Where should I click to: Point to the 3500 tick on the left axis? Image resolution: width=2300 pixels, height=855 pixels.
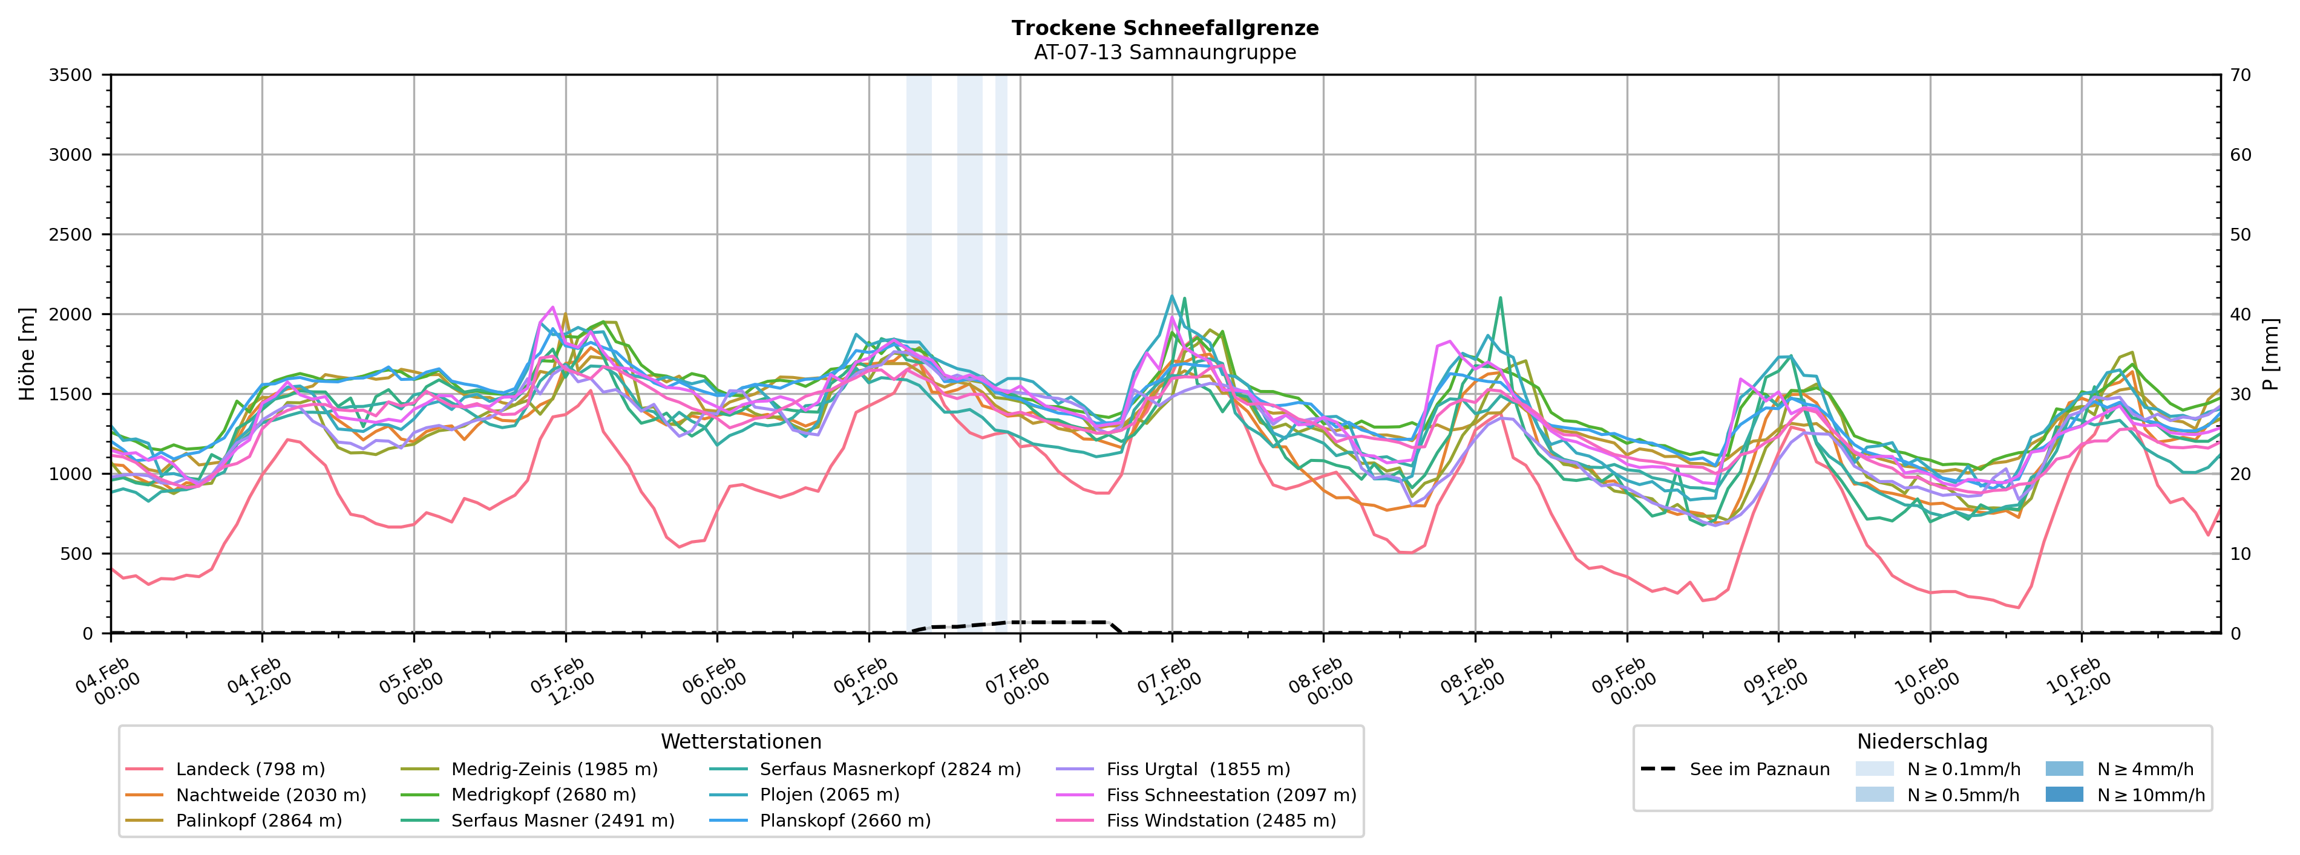pyautogui.click(x=71, y=75)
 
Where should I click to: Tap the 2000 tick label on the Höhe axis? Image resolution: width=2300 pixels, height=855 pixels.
pyautogui.click(x=71, y=314)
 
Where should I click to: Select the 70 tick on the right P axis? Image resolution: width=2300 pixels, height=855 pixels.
pyautogui.click(x=2240, y=75)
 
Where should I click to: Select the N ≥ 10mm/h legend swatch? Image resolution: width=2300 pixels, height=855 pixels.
pyautogui.click(x=2064, y=795)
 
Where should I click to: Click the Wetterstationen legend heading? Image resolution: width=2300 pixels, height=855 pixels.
pyautogui.click(x=741, y=742)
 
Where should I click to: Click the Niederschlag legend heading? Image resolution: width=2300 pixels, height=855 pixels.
pyautogui.click(x=1922, y=742)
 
